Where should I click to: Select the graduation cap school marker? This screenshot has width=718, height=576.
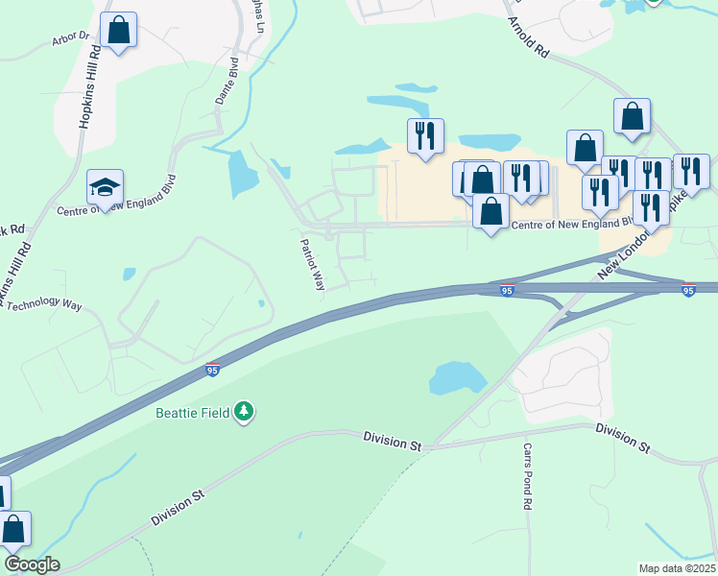pos(106,186)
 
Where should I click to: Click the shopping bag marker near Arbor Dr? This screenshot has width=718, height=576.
pos(118,30)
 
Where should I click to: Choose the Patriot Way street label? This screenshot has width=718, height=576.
pos(313,264)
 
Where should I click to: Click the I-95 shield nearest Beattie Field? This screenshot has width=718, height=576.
pos(212,369)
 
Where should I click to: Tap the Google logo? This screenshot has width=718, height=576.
pos(31,564)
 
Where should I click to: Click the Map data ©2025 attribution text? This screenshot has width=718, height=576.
pos(677,568)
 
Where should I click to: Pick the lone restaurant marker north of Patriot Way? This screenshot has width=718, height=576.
pos(425,136)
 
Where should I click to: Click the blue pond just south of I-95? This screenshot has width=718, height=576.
pos(457,377)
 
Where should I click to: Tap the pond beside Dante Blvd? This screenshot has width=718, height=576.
pos(243,174)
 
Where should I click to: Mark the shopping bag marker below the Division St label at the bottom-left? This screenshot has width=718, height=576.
pos(14,529)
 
